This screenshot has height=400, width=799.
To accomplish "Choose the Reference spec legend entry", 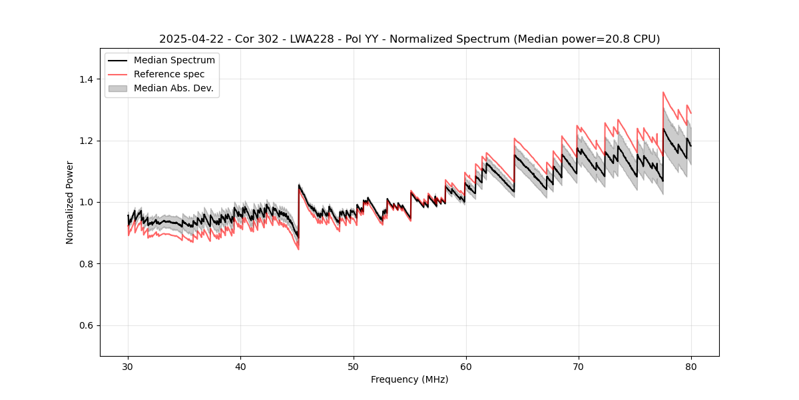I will tap(169, 74).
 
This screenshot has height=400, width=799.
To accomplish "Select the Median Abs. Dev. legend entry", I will tap(173, 88).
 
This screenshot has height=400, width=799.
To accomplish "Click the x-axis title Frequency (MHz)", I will tap(409, 379).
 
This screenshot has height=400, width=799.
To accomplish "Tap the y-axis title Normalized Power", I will tap(70, 202).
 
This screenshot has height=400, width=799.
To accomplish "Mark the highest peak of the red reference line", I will tap(663, 93).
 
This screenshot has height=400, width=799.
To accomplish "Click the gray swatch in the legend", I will tap(118, 88).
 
